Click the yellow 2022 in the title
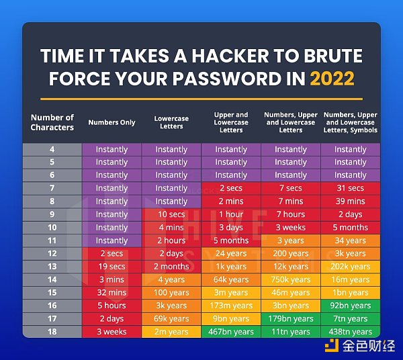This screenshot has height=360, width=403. coord(332,79)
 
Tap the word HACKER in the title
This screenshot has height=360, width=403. coord(230,56)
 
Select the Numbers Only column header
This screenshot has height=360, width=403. coord(111,122)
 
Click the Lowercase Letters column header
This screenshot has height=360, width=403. coord(171,122)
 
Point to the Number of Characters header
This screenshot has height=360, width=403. coord(52,122)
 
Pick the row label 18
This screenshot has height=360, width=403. coord(52,332)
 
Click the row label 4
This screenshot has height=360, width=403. coord(52,149)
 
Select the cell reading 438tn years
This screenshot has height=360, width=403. coord(351,332)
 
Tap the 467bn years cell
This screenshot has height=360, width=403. coord(231,332)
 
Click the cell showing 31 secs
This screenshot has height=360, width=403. coord(351,188)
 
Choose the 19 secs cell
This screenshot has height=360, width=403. coord(111,267)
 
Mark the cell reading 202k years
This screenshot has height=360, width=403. coord(351,267)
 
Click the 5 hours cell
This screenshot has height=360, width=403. coord(111,306)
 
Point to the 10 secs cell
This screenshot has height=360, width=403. coord(171,214)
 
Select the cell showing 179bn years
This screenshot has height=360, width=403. coord(291,318)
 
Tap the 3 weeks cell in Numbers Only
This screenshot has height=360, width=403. coord(111,332)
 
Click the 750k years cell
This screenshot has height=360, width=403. coord(291,279)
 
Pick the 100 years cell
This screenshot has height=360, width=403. coord(171,293)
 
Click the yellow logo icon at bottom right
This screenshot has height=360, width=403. coord(332,346)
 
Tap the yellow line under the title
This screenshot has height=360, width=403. coord(201,99)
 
